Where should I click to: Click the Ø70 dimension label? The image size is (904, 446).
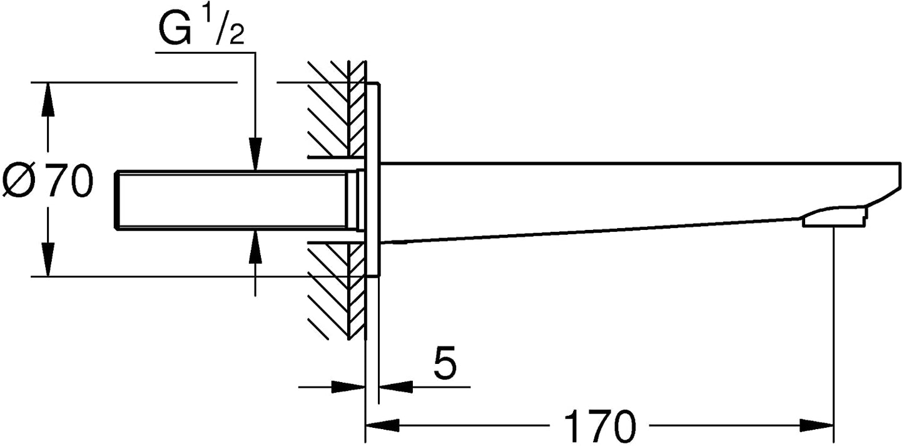[48, 180]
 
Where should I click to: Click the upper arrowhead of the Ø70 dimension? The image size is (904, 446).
[48, 100]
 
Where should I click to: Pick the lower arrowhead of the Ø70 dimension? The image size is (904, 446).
[48, 259]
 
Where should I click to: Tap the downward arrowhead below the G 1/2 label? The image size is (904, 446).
[255, 154]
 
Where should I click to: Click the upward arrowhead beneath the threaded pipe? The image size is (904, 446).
[255, 247]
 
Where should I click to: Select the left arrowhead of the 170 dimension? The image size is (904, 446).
[382, 425]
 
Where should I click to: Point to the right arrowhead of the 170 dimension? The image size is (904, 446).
[817, 425]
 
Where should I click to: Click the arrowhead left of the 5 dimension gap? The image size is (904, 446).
[348, 386]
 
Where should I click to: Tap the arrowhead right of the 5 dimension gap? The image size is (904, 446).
[396, 386]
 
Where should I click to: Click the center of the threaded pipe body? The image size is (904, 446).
[232, 200]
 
